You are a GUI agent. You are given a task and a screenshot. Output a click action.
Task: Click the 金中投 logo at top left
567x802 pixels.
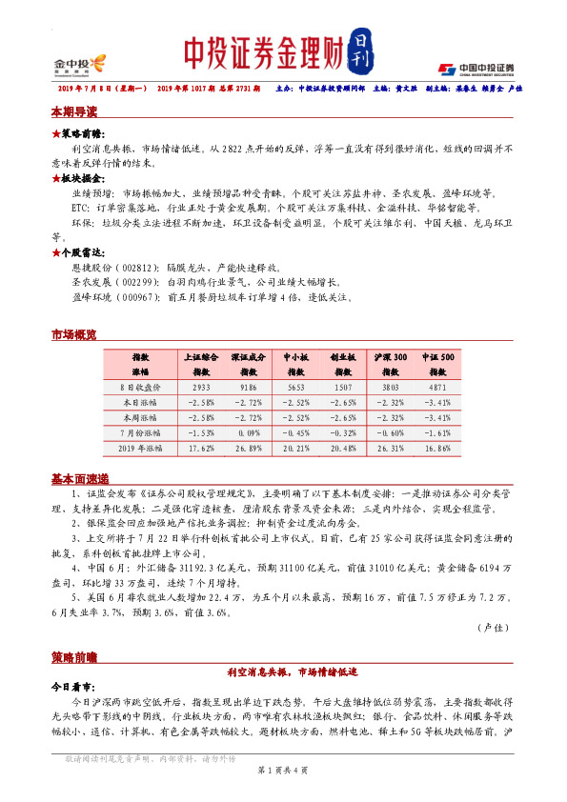click(x=79, y=65)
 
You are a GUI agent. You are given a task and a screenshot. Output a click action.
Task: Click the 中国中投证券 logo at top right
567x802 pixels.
click(x=476, y=69)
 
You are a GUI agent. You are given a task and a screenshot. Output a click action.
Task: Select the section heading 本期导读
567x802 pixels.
click(x=73, y=111)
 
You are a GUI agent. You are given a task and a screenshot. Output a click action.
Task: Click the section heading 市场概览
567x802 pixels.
click(x=73, y=334)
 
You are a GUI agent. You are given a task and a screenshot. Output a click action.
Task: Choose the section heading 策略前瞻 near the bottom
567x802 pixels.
click(x=73, y=657)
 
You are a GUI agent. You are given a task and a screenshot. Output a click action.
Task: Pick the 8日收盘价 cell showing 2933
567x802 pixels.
click(x=200, y=388)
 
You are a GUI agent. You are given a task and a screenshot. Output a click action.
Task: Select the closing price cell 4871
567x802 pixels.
click(x=437, y=388)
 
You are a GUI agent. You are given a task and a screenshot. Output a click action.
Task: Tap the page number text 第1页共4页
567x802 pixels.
click(x=283, y=770)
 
